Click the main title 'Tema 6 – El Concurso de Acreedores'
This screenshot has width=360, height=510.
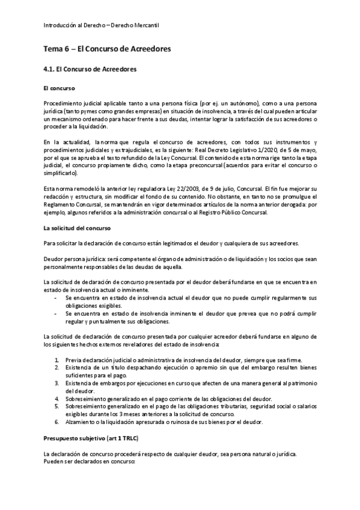pos(108,48)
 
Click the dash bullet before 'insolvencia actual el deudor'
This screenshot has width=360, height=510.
pos(56,298)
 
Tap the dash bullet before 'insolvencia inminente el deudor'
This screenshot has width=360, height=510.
pos(56,313)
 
